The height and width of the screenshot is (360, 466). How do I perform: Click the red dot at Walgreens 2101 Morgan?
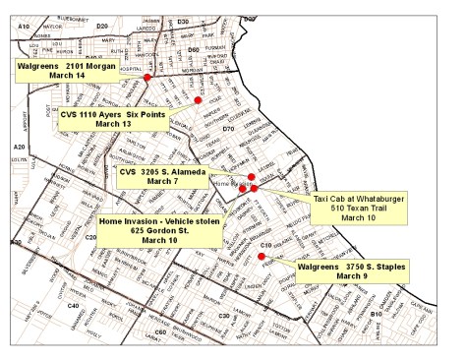pos(147,77)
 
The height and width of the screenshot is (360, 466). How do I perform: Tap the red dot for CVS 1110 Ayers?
pos(198,100)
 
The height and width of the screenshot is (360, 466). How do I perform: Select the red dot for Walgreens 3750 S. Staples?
pos(262,257)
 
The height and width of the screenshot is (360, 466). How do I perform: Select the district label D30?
pos(183,20)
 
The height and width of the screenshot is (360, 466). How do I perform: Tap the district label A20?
pos(19,147)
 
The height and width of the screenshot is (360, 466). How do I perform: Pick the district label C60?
pos(160,332)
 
